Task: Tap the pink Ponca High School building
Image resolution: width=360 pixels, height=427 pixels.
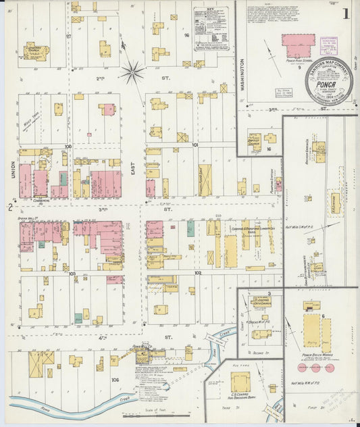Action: click(x=298, y=44)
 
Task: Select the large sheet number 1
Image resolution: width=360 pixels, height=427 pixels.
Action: click(x=345, y=14)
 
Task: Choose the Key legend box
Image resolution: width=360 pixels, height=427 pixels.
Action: click(x=210, y=28)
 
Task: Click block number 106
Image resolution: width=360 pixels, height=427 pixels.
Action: click(x=115, y=380)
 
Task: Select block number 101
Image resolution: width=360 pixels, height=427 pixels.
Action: click(x=195, y=145)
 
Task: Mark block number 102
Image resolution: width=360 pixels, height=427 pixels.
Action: click(x=198, y=273)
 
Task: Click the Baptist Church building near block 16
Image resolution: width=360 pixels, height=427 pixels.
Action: click(x=255, y=141)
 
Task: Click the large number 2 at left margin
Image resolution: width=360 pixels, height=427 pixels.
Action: click(x=9, y=207)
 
